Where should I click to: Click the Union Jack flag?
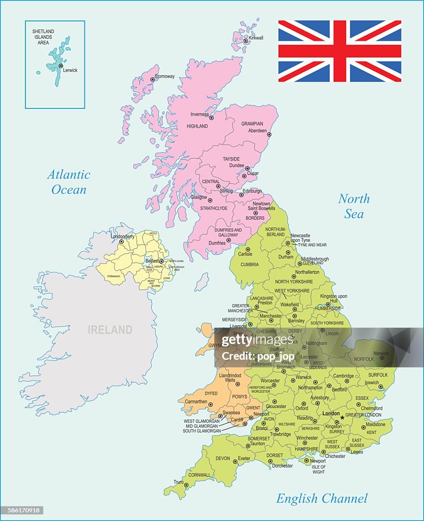[x=340, y=51]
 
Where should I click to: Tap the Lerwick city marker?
[x=61, y=66]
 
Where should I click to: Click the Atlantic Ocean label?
[x=69, y=182]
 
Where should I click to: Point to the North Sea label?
[x=354, y=206]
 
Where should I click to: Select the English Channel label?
[x=322, y=499]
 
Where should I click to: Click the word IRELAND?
[x=110, y=330]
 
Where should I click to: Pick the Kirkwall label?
[x=256, y=38]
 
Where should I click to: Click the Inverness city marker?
[x=212, y=118]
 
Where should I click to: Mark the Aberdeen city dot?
[x=269, y=135]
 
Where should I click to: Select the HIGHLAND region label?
[x=197, y=126]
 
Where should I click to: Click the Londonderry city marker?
[x=121, y=242]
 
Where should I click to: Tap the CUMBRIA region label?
[x=249, y=265]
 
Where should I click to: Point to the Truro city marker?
[x=186, y=485]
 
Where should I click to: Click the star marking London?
[x=342, y=417]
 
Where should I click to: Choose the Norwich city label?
[x=381, y=354]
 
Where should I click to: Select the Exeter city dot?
[x=235, y=462]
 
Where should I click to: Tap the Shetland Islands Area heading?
[x=43, y=37]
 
